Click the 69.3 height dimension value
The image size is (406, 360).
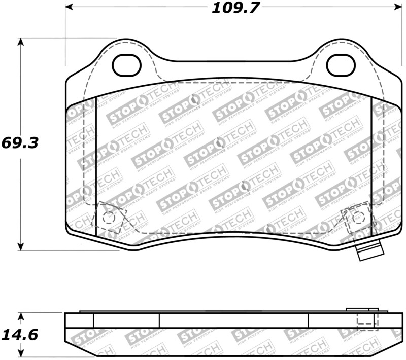[20, 142]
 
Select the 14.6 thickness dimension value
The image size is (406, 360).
[20, 335]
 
